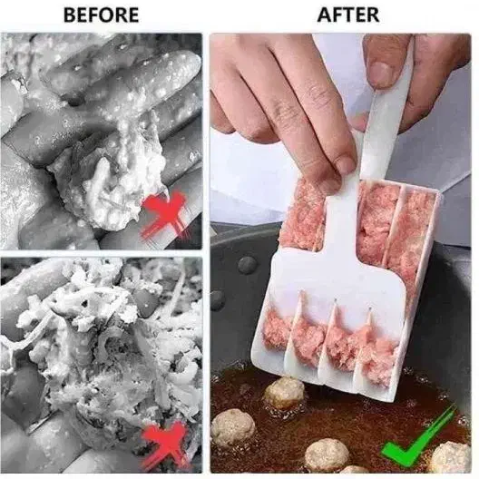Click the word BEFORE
101,15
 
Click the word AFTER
348,15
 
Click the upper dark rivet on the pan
247,265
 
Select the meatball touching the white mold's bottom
284,393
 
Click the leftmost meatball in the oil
233,427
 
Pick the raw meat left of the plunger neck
302,214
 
